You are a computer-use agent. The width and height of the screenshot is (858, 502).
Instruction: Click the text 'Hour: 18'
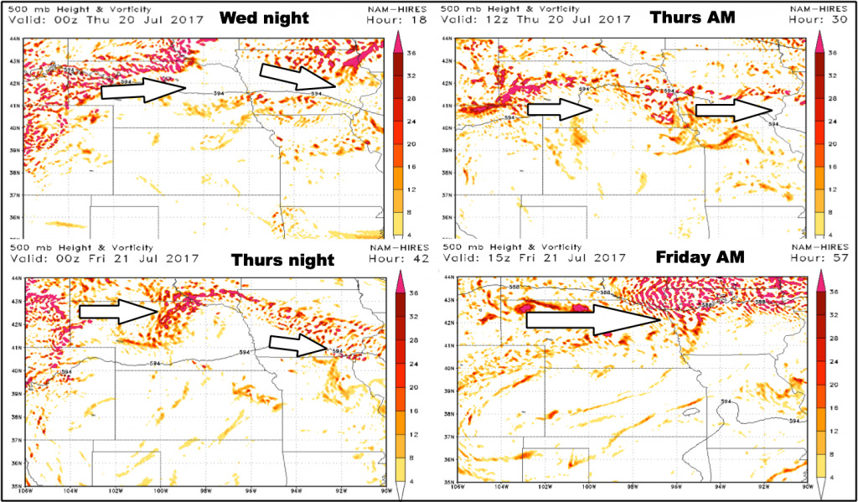pyautogui.click(x=391, y=18)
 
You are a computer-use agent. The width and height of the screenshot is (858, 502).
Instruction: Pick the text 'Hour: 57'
pyautogui.click(x=822, y=258)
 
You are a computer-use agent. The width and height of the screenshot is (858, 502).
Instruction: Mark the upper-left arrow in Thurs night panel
pyautogui.click(x=120, y=312)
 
